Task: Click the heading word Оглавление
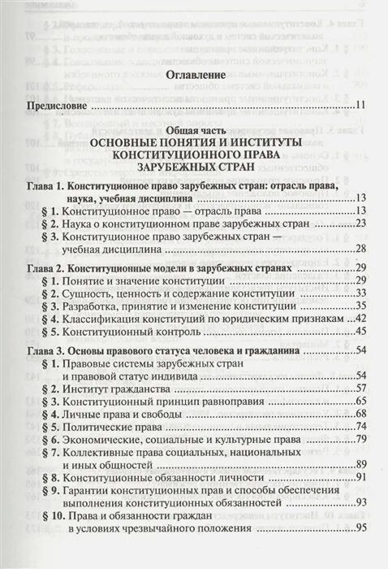tap(194, 76)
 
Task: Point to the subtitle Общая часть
tap(195, 131)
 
